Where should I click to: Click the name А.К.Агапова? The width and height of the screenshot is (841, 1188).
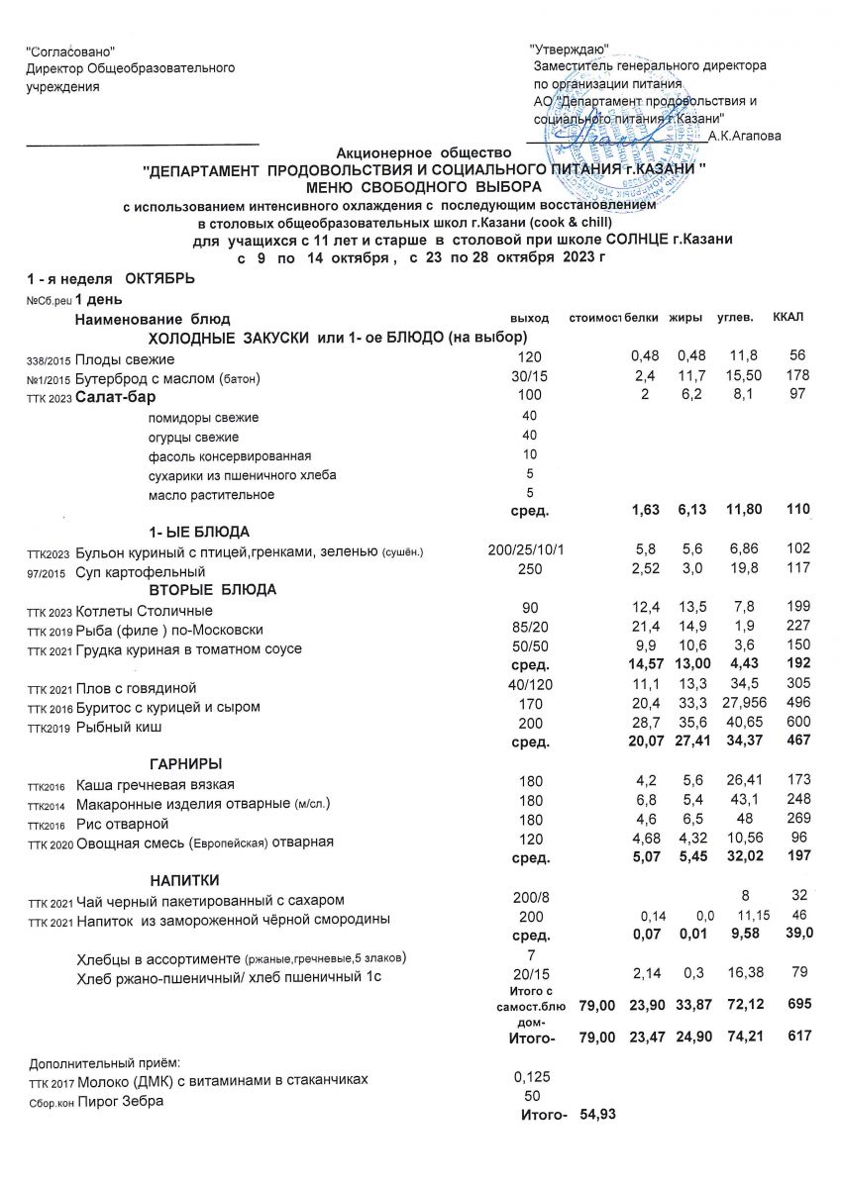744,136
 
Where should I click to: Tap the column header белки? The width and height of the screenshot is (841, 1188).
643,317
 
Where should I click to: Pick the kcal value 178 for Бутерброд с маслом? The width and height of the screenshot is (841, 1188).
797,376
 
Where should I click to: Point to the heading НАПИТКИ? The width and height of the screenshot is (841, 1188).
184,879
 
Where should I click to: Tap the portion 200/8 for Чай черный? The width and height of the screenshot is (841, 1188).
525,898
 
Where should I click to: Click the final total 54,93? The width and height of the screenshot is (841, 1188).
597,1117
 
